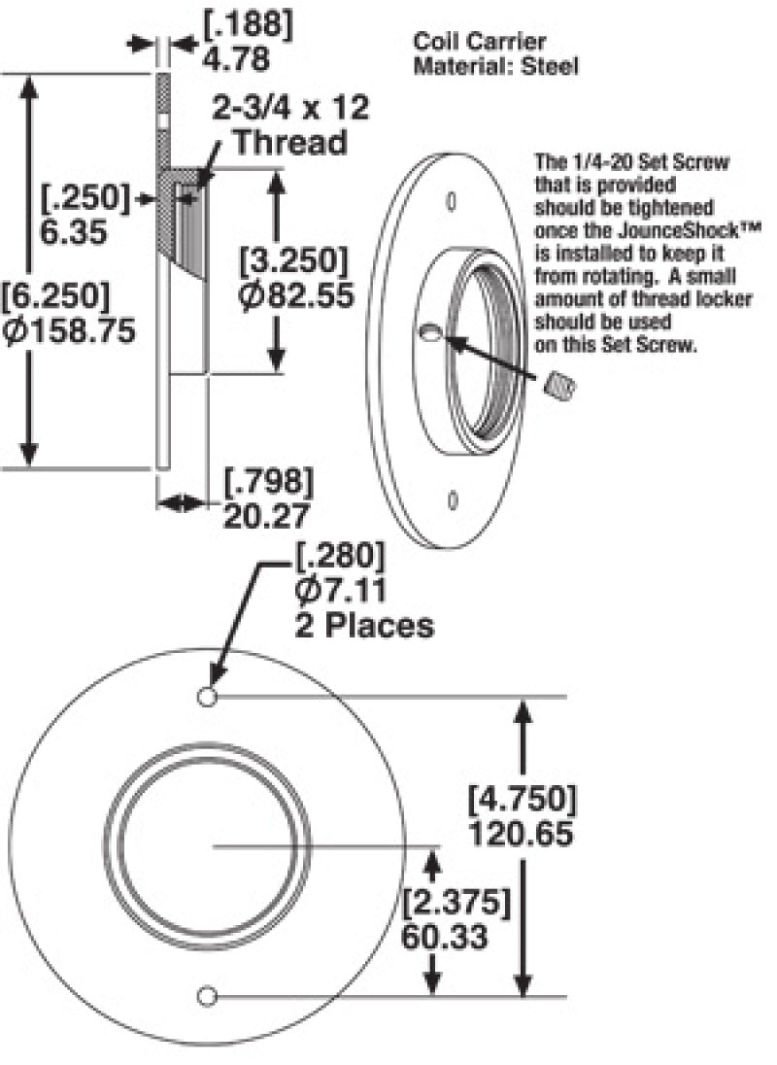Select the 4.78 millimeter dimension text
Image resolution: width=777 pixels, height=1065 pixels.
click(x=236, y=58)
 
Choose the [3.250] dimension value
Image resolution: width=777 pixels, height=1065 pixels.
click(x=294, y=260)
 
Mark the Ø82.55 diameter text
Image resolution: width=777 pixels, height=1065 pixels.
click(x=294, y=294)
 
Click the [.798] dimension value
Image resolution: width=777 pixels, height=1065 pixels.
click(x=269, y=481)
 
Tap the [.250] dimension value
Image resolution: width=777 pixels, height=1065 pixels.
click(x=84, y=197)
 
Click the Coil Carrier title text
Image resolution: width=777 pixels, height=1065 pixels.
click(x=479, y=42)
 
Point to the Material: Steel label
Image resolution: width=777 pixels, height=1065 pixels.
click(x=496, y=66)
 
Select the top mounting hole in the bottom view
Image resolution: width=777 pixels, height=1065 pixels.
click(x=205, y=697)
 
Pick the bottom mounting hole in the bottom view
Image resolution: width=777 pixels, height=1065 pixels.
click(x=205, y=995)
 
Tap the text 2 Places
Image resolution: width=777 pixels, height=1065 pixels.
click(x=364, y=625)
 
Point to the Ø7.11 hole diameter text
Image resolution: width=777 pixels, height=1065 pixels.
click(x=340, y=590)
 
